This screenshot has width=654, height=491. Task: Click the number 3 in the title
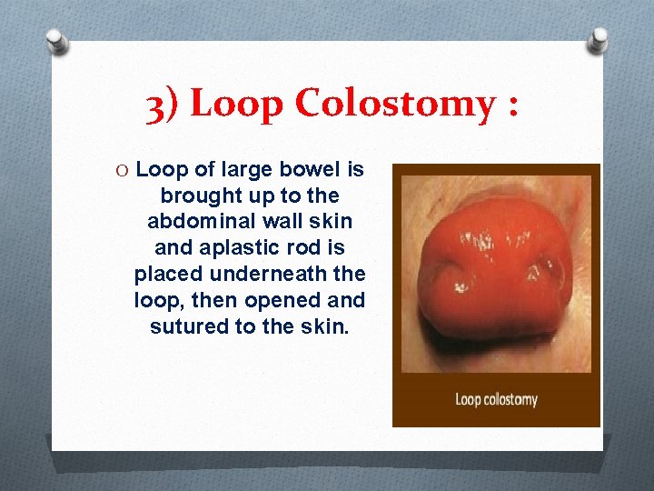[155, 105]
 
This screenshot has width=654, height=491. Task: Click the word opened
[292, 299]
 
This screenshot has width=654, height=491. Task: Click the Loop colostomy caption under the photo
[496, 399]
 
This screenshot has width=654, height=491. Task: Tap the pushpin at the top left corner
[56, 40]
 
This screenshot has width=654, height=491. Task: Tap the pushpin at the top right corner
[598, 39]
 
